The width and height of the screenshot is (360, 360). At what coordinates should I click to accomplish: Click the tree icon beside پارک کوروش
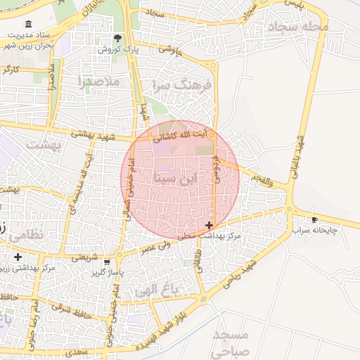[117, 39]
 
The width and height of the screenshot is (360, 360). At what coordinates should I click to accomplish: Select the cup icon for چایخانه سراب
[314, 219]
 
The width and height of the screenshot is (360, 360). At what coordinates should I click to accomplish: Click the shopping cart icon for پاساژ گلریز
[106, 262]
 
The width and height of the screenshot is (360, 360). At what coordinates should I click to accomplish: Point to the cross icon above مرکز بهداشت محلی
[209, 225]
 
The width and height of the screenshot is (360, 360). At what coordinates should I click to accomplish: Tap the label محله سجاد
[294, 27]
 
